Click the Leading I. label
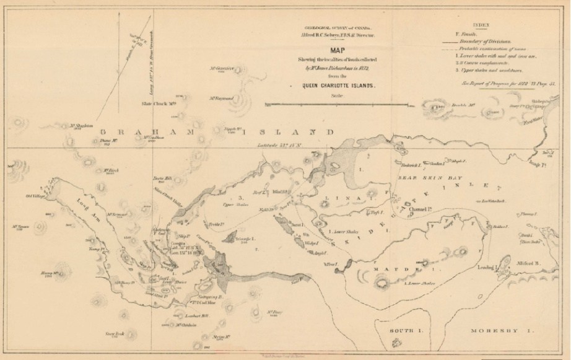pos(487,267)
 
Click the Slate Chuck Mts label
pos(160,103)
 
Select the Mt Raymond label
pos(221,98)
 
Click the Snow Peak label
pos(116,333)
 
